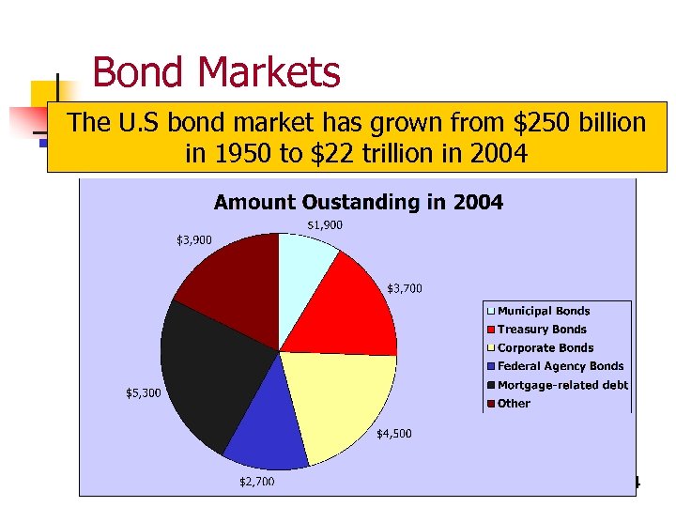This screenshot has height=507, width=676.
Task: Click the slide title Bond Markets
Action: point(216,72)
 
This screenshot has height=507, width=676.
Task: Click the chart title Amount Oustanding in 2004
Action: point(358,202)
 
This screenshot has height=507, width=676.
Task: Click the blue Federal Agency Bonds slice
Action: point(268,437)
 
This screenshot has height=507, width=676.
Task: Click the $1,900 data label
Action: point(325,225)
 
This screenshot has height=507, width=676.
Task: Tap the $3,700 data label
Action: point(405,288)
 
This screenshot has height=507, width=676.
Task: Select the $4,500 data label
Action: point(393,434)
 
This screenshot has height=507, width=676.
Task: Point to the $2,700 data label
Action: point(256,482)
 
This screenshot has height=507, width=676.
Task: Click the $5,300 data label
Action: point(143,392)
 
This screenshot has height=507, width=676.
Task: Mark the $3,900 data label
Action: point(194,240)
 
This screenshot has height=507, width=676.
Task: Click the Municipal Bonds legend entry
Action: point(543,311)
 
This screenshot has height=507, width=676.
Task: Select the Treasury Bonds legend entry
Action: point(541,330)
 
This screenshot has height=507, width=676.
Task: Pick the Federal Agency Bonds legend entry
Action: point(560,366)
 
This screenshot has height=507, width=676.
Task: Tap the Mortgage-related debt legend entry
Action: point(561,385)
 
